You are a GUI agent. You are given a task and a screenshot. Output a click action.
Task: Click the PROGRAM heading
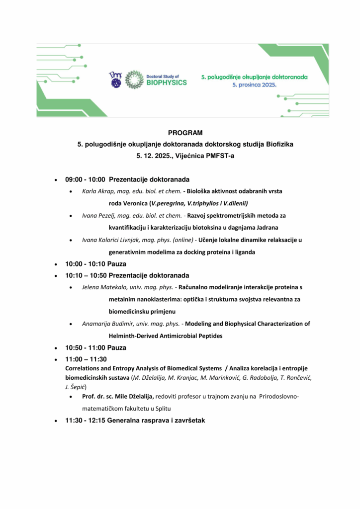click(185, 133)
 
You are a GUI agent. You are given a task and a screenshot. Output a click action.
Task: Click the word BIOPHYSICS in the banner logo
click(167, 83)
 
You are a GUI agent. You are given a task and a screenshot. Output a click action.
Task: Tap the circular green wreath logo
click(134, 80)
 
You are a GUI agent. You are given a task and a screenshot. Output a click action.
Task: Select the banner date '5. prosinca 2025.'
click(255, 85)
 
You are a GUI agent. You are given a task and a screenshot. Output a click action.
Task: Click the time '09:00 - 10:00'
click(85, 179)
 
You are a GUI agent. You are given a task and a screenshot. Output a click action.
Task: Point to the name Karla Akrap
click(98, 191)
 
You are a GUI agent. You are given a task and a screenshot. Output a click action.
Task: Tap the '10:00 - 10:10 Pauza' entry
click(95, 264)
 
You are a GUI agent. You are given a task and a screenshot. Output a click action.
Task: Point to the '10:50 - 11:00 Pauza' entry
click(95, 347)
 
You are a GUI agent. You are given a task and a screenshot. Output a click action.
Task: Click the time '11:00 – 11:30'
click(86, 359)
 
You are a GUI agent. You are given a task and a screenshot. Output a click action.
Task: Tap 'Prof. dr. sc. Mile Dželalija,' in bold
click(118, 396)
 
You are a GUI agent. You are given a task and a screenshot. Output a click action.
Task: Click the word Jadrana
click(266, 228)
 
